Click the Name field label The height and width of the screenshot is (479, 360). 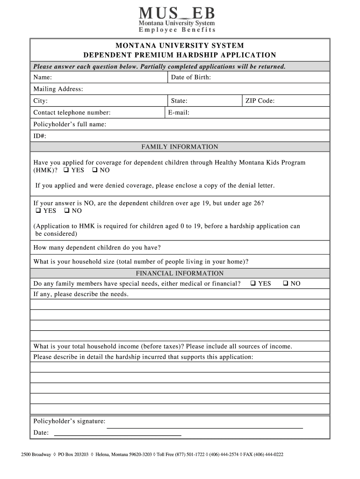click(x=43, y=77)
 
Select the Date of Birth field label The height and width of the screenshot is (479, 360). click(x=191, y=77)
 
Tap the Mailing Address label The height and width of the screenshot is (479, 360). click(x=58, y=89)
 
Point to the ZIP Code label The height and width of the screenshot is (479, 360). click(x=260, y=101)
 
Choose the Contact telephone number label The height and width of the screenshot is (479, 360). click(x=72, y=112)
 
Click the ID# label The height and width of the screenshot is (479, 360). click(x=40, y=136)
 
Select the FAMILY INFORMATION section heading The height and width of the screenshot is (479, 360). click(x=180, y=147)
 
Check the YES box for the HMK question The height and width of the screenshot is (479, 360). click(x=66, y=170)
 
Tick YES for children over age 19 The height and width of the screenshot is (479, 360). click(x=38, y=211)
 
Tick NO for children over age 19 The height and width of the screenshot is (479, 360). click(x=67, y=211)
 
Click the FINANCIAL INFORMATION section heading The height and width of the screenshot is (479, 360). click(x=180, y=273)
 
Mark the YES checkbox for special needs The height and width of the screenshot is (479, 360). click(x=253, y=283)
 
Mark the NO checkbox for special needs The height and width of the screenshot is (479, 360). click(x=285, y=283)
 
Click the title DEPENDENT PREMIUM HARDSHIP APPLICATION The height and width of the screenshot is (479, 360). click(x=180, y=55)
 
